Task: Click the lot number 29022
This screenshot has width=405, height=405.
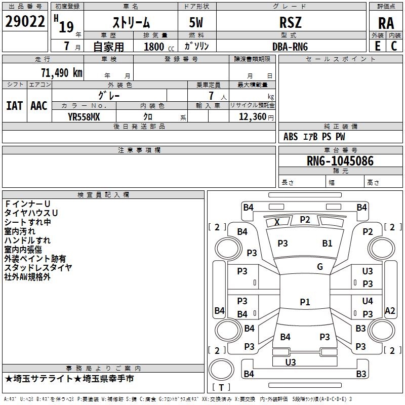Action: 25,22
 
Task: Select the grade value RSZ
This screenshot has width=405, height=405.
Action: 291,22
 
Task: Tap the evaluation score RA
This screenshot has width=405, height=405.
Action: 386,23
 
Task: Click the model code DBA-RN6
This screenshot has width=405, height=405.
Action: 290,46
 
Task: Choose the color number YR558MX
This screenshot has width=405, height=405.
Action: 84,116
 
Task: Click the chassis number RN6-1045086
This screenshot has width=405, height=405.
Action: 340,161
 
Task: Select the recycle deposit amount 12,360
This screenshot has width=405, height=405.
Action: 252,116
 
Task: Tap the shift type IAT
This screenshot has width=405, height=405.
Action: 14,106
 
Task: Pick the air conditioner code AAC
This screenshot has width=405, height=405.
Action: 39,106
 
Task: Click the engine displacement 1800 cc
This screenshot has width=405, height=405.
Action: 154,47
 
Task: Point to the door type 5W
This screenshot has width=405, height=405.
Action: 197,22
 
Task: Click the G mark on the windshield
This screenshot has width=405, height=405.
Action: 320,267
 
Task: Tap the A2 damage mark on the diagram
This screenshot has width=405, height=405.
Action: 390,311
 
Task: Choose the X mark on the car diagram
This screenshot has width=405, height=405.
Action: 277,222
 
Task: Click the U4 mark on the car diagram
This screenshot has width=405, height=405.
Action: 368,301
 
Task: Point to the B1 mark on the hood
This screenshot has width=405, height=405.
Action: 328,243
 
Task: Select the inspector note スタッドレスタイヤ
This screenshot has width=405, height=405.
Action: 38,268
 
